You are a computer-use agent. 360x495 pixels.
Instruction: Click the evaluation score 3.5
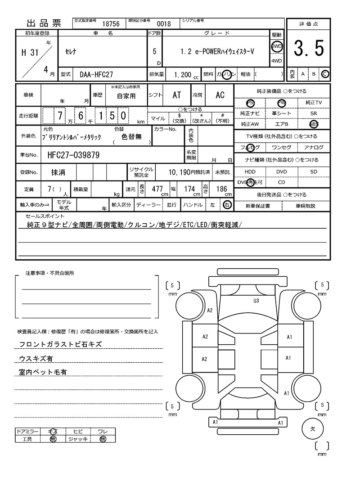(x=309, y=49)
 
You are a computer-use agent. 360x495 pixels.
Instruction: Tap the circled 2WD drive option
(x=276, y=46)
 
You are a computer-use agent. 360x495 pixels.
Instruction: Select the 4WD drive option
(x=276, y=61)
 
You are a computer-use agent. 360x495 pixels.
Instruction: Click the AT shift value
(x=177, y=95)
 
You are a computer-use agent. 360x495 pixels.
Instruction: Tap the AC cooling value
(x=220, y=95)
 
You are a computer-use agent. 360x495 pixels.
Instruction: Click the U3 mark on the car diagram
(x=256, y=300)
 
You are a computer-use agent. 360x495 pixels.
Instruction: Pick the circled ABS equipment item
(x=313, y=124)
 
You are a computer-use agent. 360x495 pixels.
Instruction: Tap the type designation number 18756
(x=111, y=24)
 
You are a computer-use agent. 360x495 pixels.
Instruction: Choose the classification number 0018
(x=163, y=24)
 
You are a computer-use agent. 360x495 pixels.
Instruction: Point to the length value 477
(x=157, y=189)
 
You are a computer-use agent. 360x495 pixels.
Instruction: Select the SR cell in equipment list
(x=313, y=114)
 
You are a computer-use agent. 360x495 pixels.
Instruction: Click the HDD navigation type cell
(x=250, y=172)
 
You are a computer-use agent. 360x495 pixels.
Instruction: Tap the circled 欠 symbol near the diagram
(x=313, y=428)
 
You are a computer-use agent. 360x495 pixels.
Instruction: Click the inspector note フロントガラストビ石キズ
(x=60, y=344)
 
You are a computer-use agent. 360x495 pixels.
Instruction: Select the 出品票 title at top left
(x=44, y=24)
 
